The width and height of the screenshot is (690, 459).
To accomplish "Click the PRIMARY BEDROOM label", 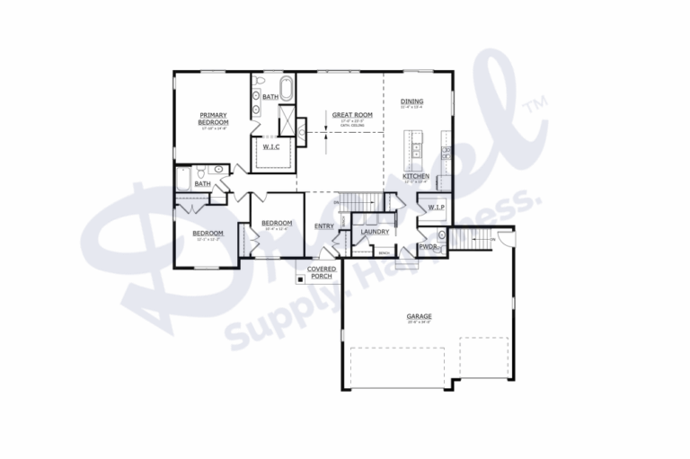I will pyautogui.click(x=213, y=119).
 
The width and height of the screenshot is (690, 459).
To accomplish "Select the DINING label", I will pyautogui.click(x=411, y=102).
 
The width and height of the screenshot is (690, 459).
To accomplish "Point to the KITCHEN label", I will pyautogui.click(x=415, y=176).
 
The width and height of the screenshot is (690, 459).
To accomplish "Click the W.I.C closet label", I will pyautogui.click(x=271, y=146).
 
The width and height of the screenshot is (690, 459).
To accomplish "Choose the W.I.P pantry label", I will pyautogui.click(x=436, y=207).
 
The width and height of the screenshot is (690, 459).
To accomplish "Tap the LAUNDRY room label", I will pyautogui.click(x=374, y=232).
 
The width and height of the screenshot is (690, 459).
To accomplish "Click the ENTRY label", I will pyautogui.click(x=324, y=226).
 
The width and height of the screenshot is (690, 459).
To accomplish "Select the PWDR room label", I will pyautogui.click(x=428, y=246).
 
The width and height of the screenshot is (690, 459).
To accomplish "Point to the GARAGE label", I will pyautogui.click(x=419, y=316).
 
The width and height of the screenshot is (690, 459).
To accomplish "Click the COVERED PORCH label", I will pyautogui.click(x=322, y=272).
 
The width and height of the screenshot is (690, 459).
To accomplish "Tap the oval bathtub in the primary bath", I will pyautogui.click(x=287, y=90).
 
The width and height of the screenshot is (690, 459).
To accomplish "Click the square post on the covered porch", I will pyautogui.click(x=302, y=278).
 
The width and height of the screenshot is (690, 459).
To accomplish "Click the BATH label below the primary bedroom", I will pyautogui.click(x=203, y=184).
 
